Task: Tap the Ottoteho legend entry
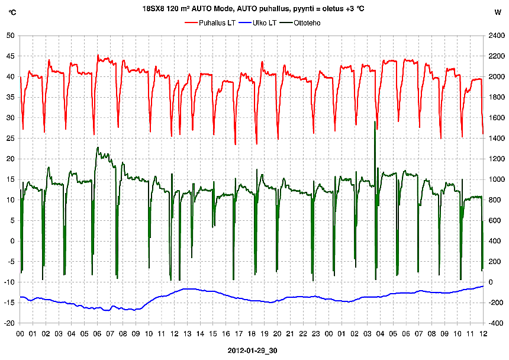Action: pos(307,22)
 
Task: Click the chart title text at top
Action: pos(253,9)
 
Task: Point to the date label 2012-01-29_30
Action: pos(253,351)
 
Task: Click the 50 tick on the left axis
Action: pos(10,36)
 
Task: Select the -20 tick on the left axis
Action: pos(9,323)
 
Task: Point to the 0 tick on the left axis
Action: pos(12,241)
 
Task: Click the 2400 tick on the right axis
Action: pos(495,36)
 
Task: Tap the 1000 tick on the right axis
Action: pos(495,179)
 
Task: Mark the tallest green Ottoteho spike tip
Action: pos(375,121)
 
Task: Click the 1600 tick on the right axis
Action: pos(495,118)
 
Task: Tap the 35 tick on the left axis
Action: pos(10,97)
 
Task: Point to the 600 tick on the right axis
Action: pos(493,220)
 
